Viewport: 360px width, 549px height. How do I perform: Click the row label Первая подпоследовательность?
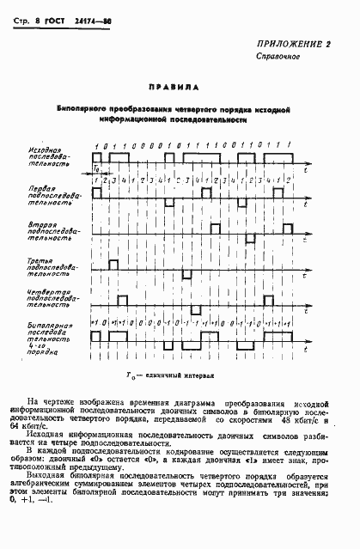45,194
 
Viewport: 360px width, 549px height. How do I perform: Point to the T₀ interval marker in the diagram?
96,170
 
